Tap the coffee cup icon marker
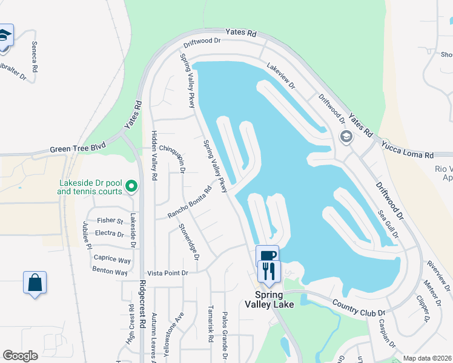click(267, 254)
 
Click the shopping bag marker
click(35, 282)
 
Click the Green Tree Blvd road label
click(78, 148)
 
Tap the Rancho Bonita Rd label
click(190, 202)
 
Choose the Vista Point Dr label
click(168, 273)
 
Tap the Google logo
click(21, 356)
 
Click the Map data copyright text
click(427, 358)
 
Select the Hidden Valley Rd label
click(154, 156)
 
